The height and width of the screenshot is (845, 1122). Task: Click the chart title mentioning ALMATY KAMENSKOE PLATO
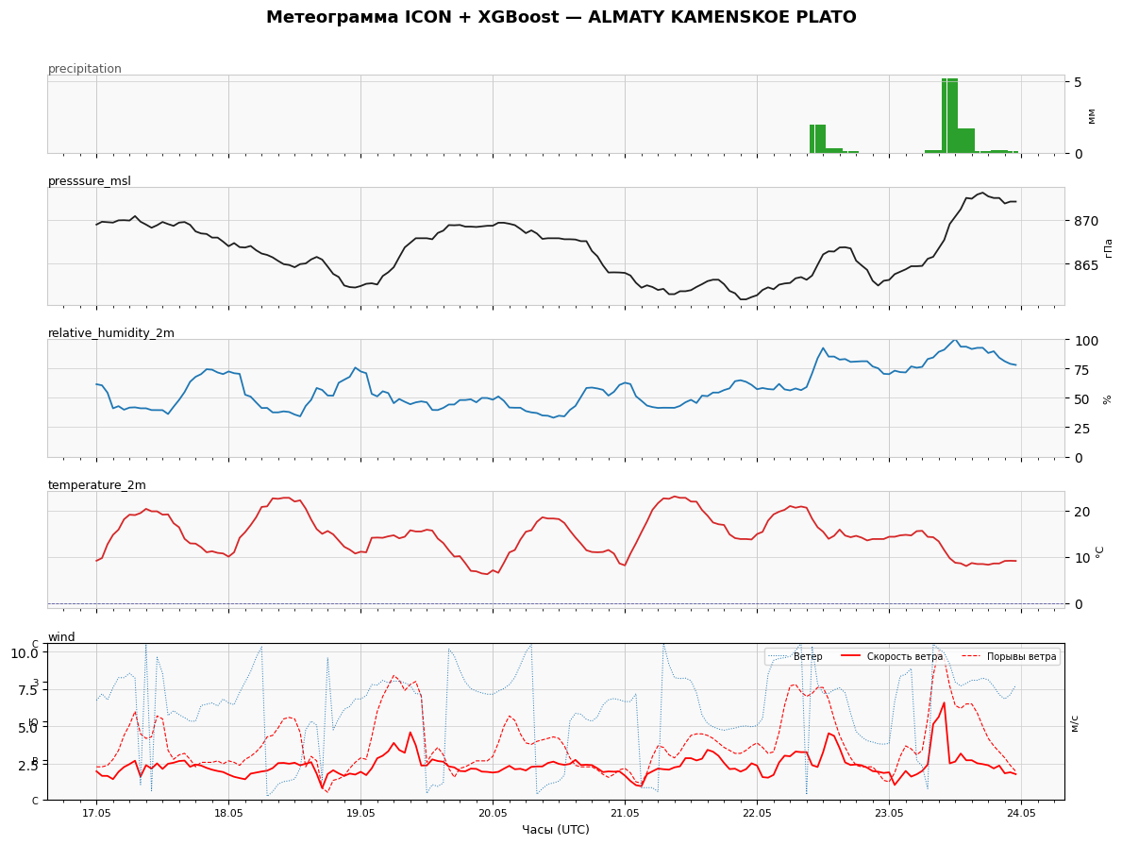[x=561, y=17]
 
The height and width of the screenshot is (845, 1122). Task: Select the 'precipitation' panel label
[x=84, y=69]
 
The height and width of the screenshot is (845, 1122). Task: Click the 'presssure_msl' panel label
[x=90, y=181]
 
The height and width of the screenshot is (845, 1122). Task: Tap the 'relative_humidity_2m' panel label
[x=111, y=333]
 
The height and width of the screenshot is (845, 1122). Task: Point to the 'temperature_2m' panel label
[x=96, y=484]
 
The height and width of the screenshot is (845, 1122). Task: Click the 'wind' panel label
[x=61, y=636]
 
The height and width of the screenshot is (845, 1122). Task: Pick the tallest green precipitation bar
[x=949, y=116]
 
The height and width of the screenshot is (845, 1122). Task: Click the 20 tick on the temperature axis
[x=1080, y=512]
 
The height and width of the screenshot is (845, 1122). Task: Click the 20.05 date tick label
[x=493, y=814]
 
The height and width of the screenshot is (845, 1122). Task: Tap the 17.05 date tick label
[x=96, y=814]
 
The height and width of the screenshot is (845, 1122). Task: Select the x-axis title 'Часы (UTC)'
[x=556, y=829]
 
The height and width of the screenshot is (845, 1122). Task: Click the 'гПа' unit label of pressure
[x=1109, y=247]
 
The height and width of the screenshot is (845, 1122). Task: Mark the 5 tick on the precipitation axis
[x=1077, y=81]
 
